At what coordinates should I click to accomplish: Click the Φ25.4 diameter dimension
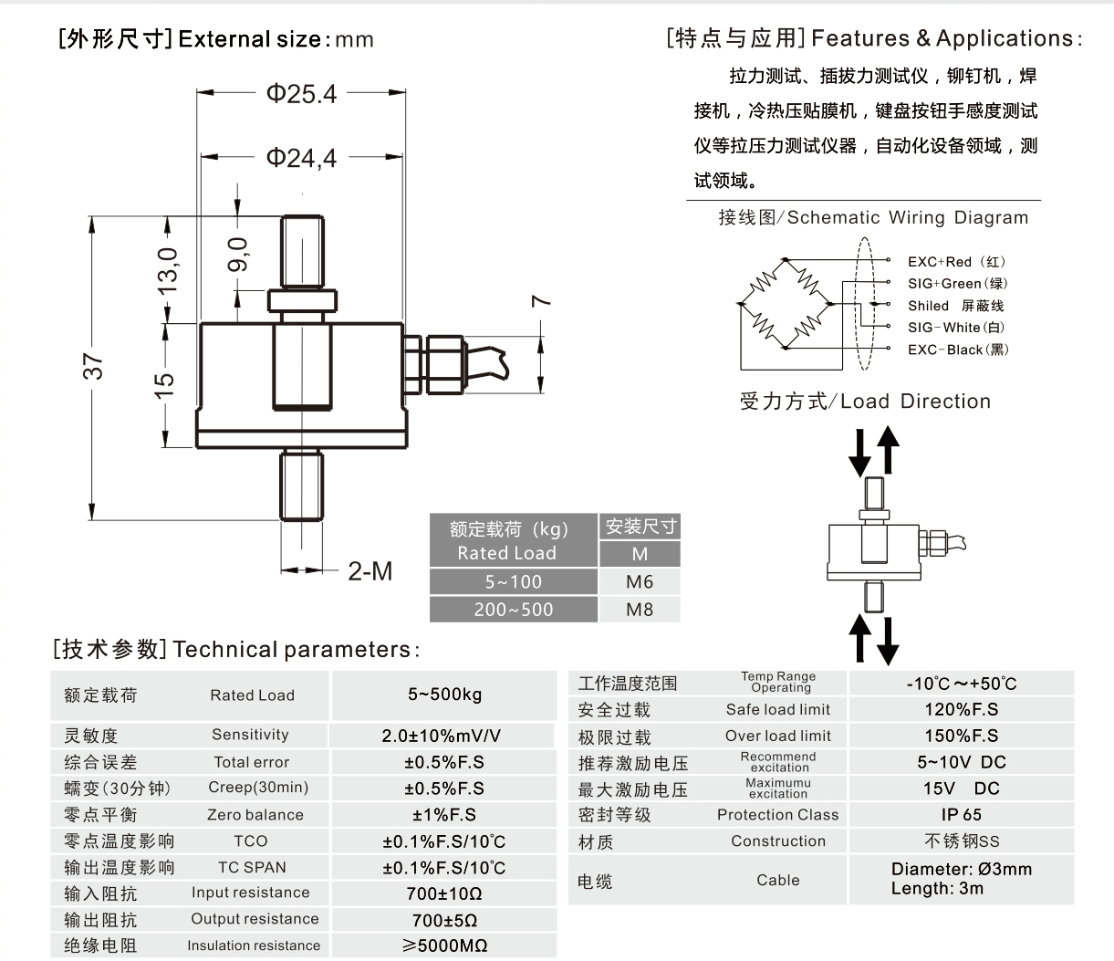pyautogui.click(x=301, y=94)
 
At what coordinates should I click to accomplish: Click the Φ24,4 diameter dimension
pyautogui.click(x=301, y=159)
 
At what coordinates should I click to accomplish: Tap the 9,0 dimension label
pyautogui.click(x=238, y=255)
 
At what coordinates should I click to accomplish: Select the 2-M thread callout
pyautogui.click(x=370, y=571)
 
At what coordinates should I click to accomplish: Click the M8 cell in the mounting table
pyautogui.click(x=640, y=610)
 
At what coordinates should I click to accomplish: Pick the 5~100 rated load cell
pyautogui.click(x=513, y=582)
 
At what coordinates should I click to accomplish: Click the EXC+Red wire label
pyautogui.click(x=957, y=262)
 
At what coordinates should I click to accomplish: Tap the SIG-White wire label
pyautogui.click(x=955, y=328)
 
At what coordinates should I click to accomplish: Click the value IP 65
pyautogui.click(x=961, y=815)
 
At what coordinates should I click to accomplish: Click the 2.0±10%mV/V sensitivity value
pyautogui.click(x=442, y=736)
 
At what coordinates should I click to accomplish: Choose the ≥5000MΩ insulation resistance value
pyautogui.click(x=444, y=946)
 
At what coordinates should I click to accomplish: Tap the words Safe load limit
pyautogui.click(x=778, y=709)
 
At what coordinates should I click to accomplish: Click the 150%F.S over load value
pyautogui.click(x=961, y=736)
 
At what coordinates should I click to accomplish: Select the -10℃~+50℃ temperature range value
pyautogui.click(x=961, y=684)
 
